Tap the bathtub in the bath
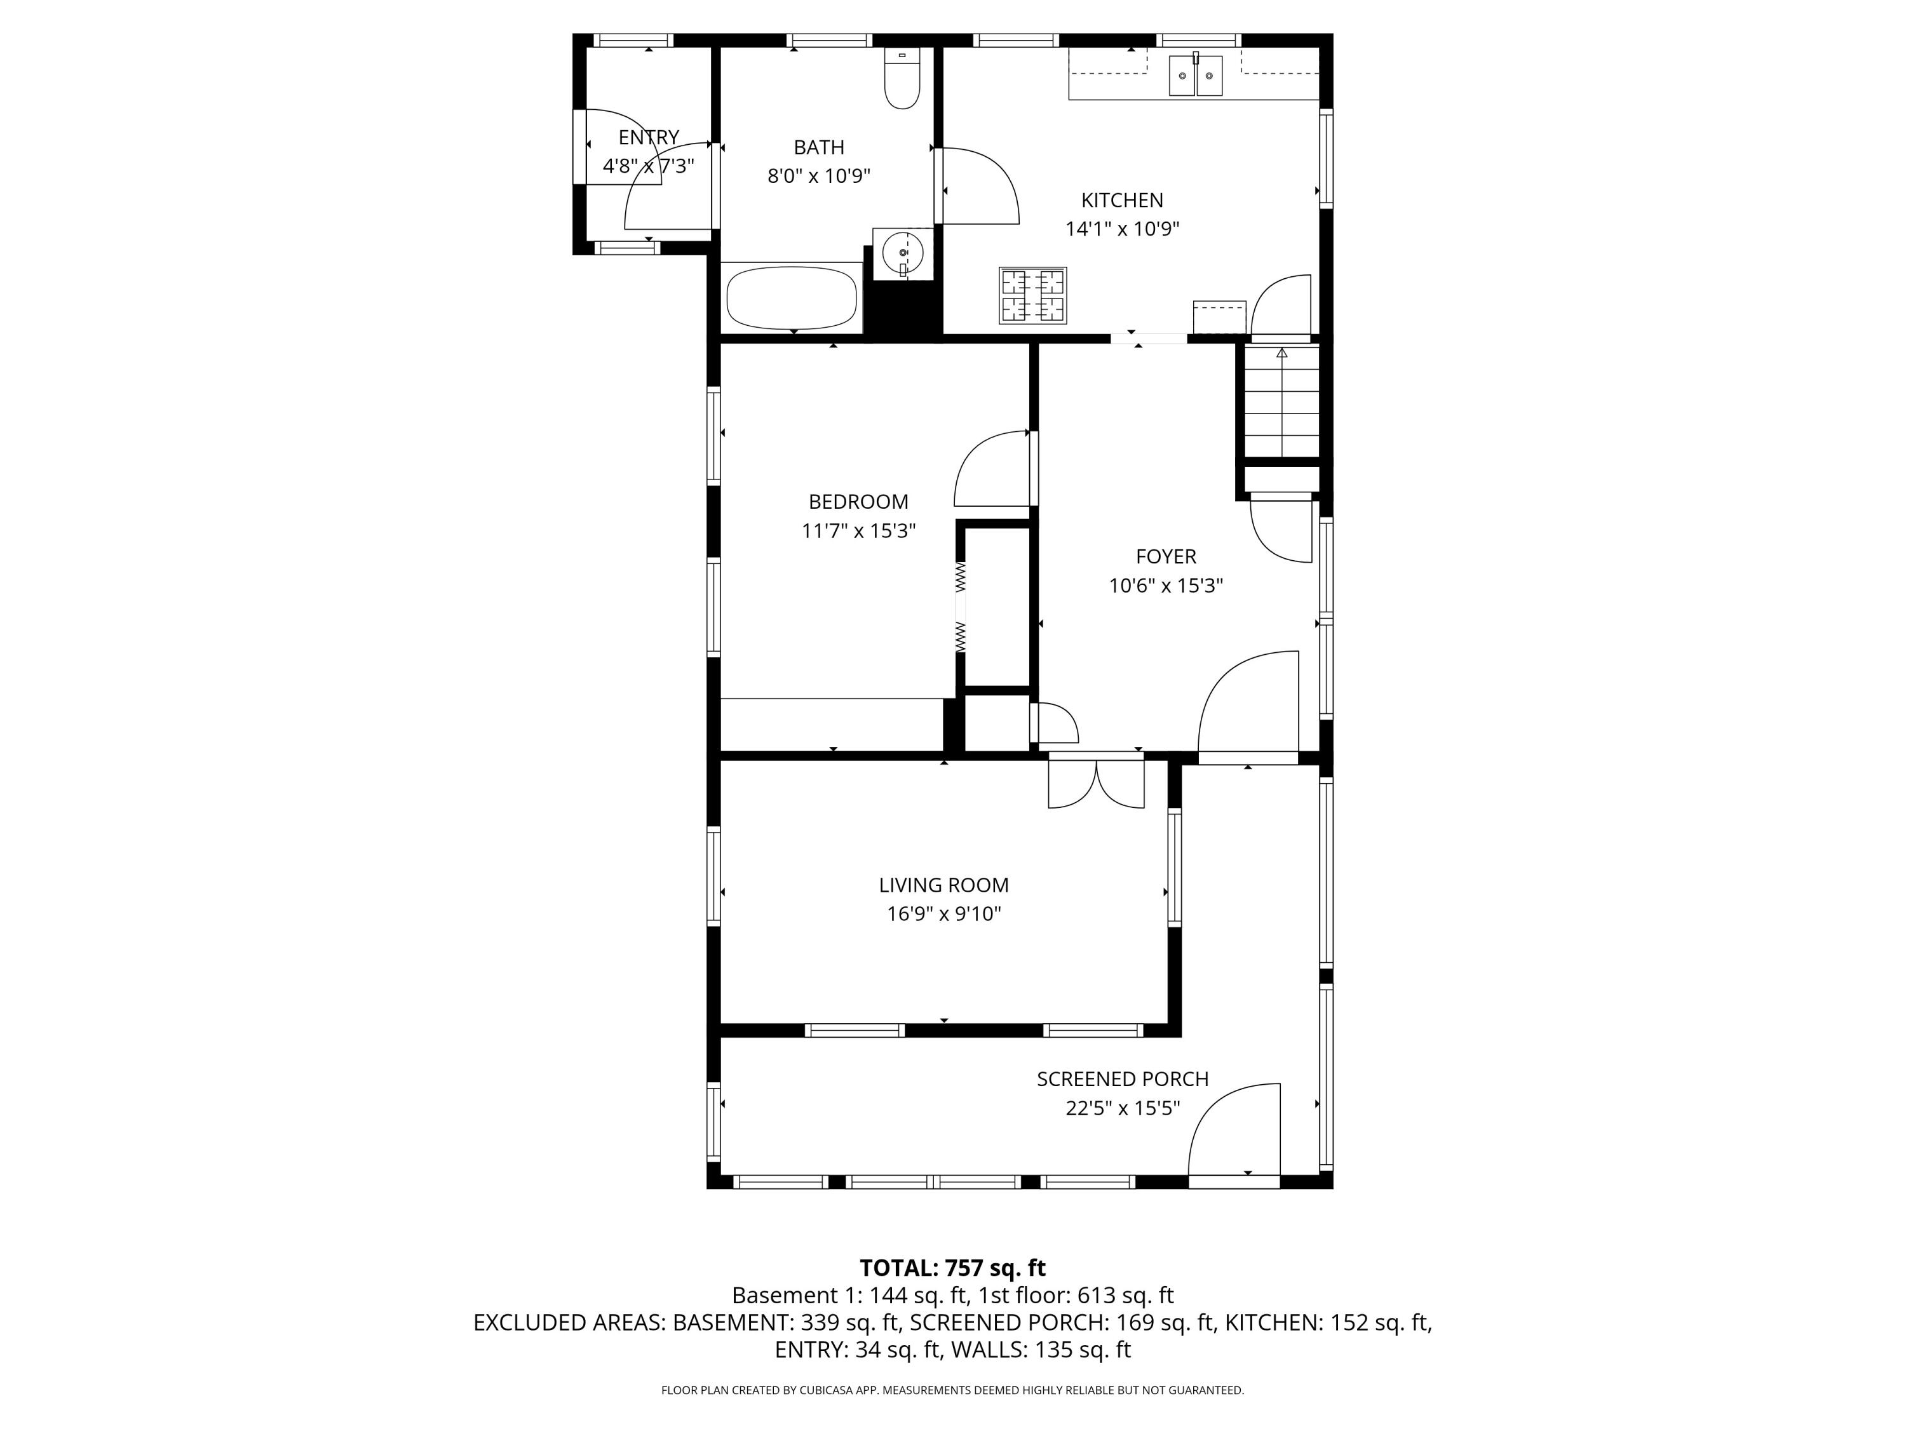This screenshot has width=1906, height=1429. pyautogui.click(x=792, y=298)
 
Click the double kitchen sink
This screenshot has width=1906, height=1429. pyautogui.click(x=1195, y=75)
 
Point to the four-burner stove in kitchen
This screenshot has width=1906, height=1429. pyautogui.click(x=1032, y=295)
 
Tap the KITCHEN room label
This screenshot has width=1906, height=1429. pyautogui.click(x=1122, y=200)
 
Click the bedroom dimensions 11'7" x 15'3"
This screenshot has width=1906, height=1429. pyautogui.click(x=858, y=530)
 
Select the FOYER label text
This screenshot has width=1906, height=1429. pyautogui.click(x=1166, y=556)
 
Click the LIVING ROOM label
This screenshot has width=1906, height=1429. pyautogui.click(x=943, y=885)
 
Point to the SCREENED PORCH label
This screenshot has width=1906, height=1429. pyautogui.click(x=1122, y=1078)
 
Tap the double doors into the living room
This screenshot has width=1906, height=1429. pyautogui.click(x=1096, y=784)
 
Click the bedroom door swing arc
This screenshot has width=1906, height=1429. pyautogui.click(x=991, y=469)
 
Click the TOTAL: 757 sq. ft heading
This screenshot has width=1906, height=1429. pyautogui.click(x=952, y=1268)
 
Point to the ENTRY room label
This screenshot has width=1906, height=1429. pyautogui.click(x=648, y=137)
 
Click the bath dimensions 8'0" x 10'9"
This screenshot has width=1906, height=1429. pyautogui.click(x=818, y=177)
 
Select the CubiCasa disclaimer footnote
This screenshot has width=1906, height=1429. pyautogui.click(x=952, y=1390)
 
